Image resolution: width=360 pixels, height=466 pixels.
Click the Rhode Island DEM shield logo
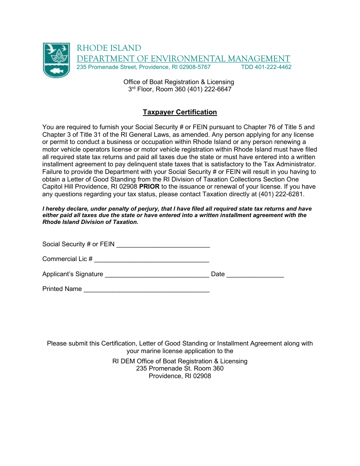click(56, 60)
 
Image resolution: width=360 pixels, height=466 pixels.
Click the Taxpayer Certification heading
click(180, 112)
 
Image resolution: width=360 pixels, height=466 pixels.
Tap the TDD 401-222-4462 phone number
click(266, 67)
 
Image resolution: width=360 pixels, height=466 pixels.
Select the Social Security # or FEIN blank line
click(163, 245)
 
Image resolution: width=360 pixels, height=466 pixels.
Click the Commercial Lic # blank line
click(152, 260)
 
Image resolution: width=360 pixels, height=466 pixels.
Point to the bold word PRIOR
click(149, 187)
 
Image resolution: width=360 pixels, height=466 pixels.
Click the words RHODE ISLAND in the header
click(109, 48)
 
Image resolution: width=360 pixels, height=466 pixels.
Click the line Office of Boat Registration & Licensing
click(178, 82)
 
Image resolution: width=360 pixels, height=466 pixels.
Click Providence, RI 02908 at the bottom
click(180, 376)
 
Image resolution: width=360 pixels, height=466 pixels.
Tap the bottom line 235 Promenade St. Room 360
click(180, 368)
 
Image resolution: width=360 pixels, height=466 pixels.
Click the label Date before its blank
click(218, 274)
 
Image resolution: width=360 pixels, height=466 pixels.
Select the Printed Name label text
click(62, 289)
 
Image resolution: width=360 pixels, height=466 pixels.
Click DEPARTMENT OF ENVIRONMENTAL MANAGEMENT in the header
click(183, 59)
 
